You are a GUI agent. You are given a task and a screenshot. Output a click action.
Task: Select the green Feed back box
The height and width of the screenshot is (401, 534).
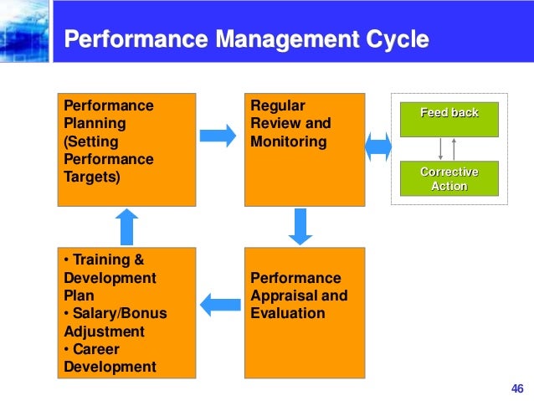[449, 119]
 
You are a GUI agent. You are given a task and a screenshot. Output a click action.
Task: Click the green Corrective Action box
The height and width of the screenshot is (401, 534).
[449, 178]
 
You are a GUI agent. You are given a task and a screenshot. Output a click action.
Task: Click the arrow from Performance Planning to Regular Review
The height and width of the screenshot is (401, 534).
[218, 136]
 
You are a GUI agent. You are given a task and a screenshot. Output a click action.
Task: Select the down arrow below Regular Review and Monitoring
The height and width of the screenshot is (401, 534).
[300, 225]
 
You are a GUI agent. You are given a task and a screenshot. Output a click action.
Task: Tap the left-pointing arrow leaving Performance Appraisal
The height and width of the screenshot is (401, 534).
[219, 304]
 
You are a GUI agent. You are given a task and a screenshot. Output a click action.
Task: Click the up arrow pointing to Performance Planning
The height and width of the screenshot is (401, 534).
[126, 225]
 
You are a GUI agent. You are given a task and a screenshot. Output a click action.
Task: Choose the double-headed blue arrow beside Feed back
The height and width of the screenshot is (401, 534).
[378, 147]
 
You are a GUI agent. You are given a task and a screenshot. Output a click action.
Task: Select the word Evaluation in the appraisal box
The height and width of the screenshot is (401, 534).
[287, 313]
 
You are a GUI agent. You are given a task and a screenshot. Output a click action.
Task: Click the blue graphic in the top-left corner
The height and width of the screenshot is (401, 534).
[25, 31]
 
